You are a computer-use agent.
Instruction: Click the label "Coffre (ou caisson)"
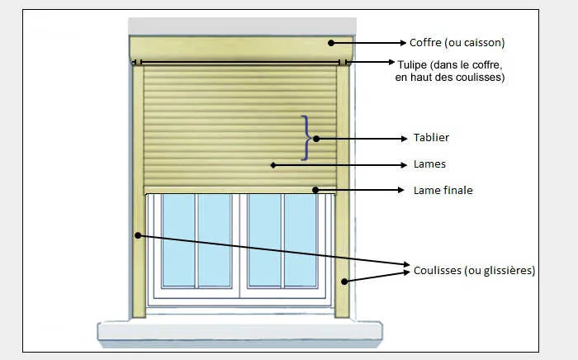[x=457, y=42]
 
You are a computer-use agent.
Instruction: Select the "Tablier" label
[x=431, y=138]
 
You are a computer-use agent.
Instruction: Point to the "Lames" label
[x=429, y=164]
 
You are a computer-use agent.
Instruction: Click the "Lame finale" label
[x=443, y=190]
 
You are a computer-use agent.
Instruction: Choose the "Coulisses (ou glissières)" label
[x=475, y=270]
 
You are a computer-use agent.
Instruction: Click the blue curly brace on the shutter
[x=307, y=137]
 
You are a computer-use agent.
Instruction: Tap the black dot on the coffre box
[x=330, y=42]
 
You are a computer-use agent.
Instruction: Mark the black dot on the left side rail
[x=138, y=235]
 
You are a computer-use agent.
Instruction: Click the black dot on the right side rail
[x=343, y=281]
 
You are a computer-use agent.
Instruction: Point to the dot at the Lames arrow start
[x=272, y=165]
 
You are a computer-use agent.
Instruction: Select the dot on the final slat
[x=315, y=190]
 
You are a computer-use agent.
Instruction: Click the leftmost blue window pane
[x=177, y=240]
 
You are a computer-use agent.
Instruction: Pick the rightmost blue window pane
[x=302, y=240]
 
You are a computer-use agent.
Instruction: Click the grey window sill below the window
[x=240, y=331]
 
